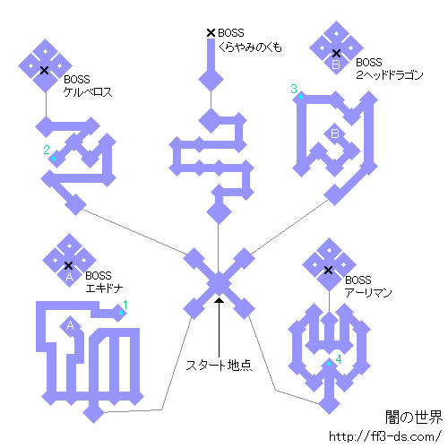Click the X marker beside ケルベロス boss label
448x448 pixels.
44,71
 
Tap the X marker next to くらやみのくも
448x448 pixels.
211,33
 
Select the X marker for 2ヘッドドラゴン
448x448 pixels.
336,54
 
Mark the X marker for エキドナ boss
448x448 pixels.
69,265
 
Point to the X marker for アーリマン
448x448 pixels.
328,271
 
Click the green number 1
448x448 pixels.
125,305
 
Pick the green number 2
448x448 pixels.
47,150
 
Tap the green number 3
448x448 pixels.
294,89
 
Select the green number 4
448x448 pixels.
339,359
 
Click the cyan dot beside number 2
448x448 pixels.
54,159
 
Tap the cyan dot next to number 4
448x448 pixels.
329,364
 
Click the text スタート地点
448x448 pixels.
219,365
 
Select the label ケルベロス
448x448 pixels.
88,92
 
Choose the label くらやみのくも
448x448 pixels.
250,47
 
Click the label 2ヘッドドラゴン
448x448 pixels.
390,74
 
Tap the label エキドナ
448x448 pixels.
104,289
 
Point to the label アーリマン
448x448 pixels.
368,292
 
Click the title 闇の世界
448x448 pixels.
414,418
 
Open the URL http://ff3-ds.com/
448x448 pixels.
385,436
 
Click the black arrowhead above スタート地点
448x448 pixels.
220,300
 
